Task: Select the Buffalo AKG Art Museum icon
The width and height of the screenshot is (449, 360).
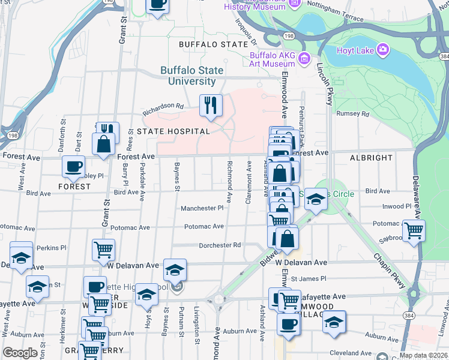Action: [x=304, y=58]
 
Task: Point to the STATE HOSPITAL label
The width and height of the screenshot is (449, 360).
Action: [x=173, y=131]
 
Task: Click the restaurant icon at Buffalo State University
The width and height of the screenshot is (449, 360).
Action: [x=211, y=106]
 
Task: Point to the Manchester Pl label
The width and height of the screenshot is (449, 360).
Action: [x=202, y=208]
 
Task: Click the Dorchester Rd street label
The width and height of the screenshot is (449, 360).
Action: [x=220, y=245]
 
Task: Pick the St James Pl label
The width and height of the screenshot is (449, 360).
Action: [x=309, y=278]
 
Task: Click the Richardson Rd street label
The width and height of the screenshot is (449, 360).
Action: [x=163, y=109]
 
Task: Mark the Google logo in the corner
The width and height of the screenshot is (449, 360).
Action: [x=20, y=353]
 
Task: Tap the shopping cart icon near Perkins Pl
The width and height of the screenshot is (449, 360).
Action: [x=103, y=250]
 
